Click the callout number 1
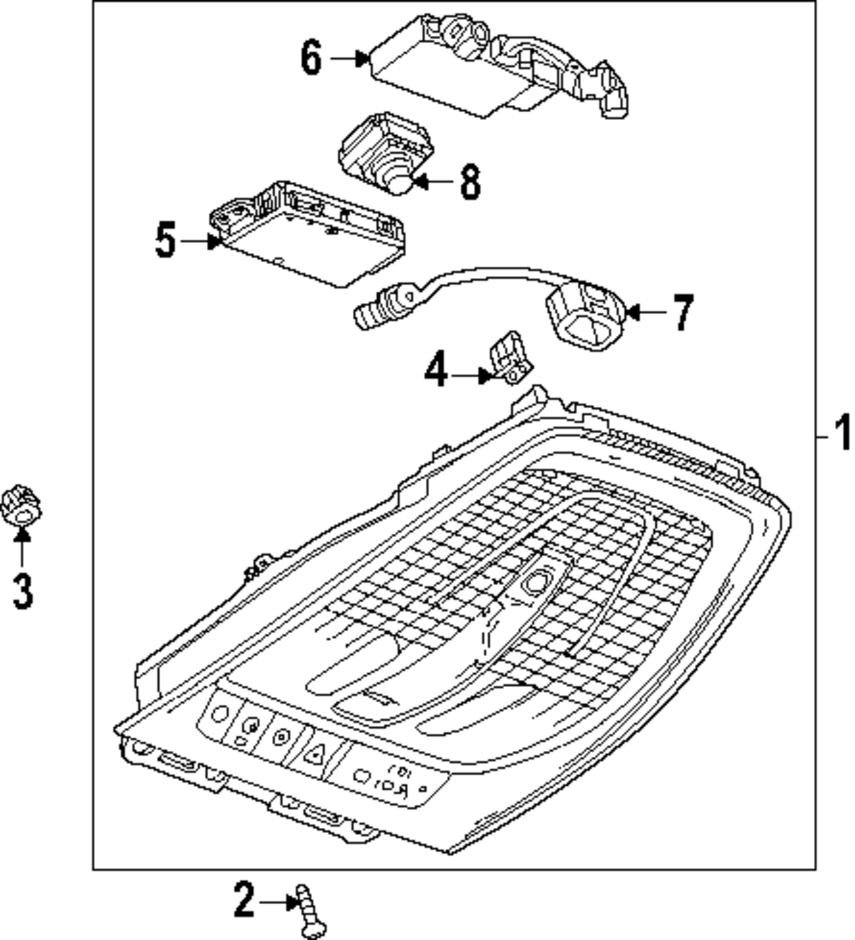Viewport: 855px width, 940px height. click(x=842, y=433)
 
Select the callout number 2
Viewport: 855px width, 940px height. click(x=244, y=901)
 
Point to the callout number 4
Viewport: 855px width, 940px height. click(x=435, y=372)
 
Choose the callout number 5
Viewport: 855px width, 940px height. click(x=165, y=240)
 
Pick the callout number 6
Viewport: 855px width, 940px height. click(x=311, y=58)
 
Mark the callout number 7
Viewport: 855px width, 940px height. click(x=681, y=313)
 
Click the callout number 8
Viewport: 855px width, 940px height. click(x=469, y=181)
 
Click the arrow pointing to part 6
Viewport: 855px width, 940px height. click(x=350, y=58)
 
